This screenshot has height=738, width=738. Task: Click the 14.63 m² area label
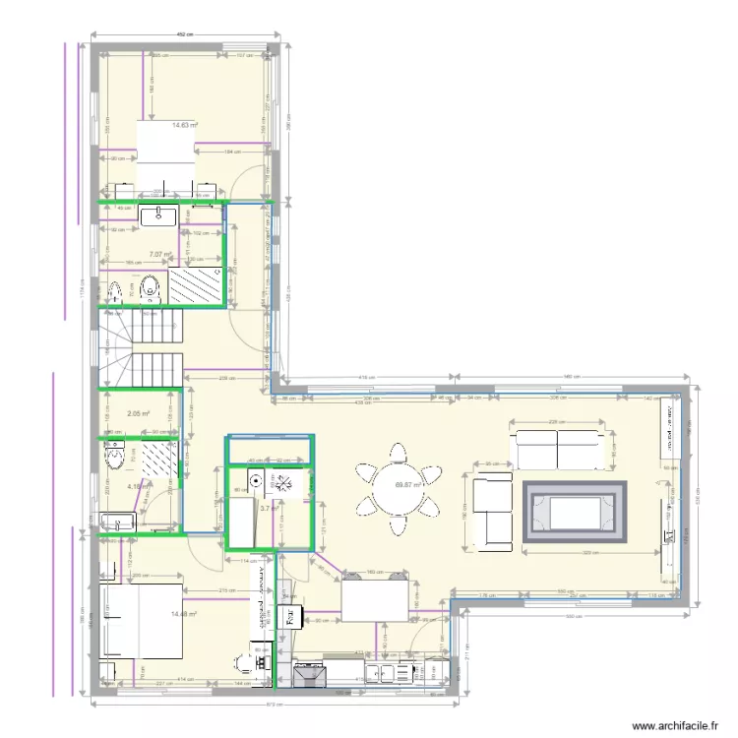tap(185, 125)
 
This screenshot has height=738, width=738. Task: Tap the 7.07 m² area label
tap(159, 254)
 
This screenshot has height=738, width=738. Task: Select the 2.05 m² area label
tap(137, 414)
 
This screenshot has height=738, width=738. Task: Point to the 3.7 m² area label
tap(266, 508)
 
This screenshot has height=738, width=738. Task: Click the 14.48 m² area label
tap(184, 614)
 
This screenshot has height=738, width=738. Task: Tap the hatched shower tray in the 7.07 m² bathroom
tap(197, 287)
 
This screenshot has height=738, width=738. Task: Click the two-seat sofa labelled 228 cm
tap(557, 449)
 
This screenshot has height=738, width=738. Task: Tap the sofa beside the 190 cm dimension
tap(493, 511)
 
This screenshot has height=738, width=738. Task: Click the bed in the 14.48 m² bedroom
tap(141, 621)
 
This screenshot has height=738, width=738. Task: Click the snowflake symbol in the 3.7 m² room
tap(277, 481)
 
